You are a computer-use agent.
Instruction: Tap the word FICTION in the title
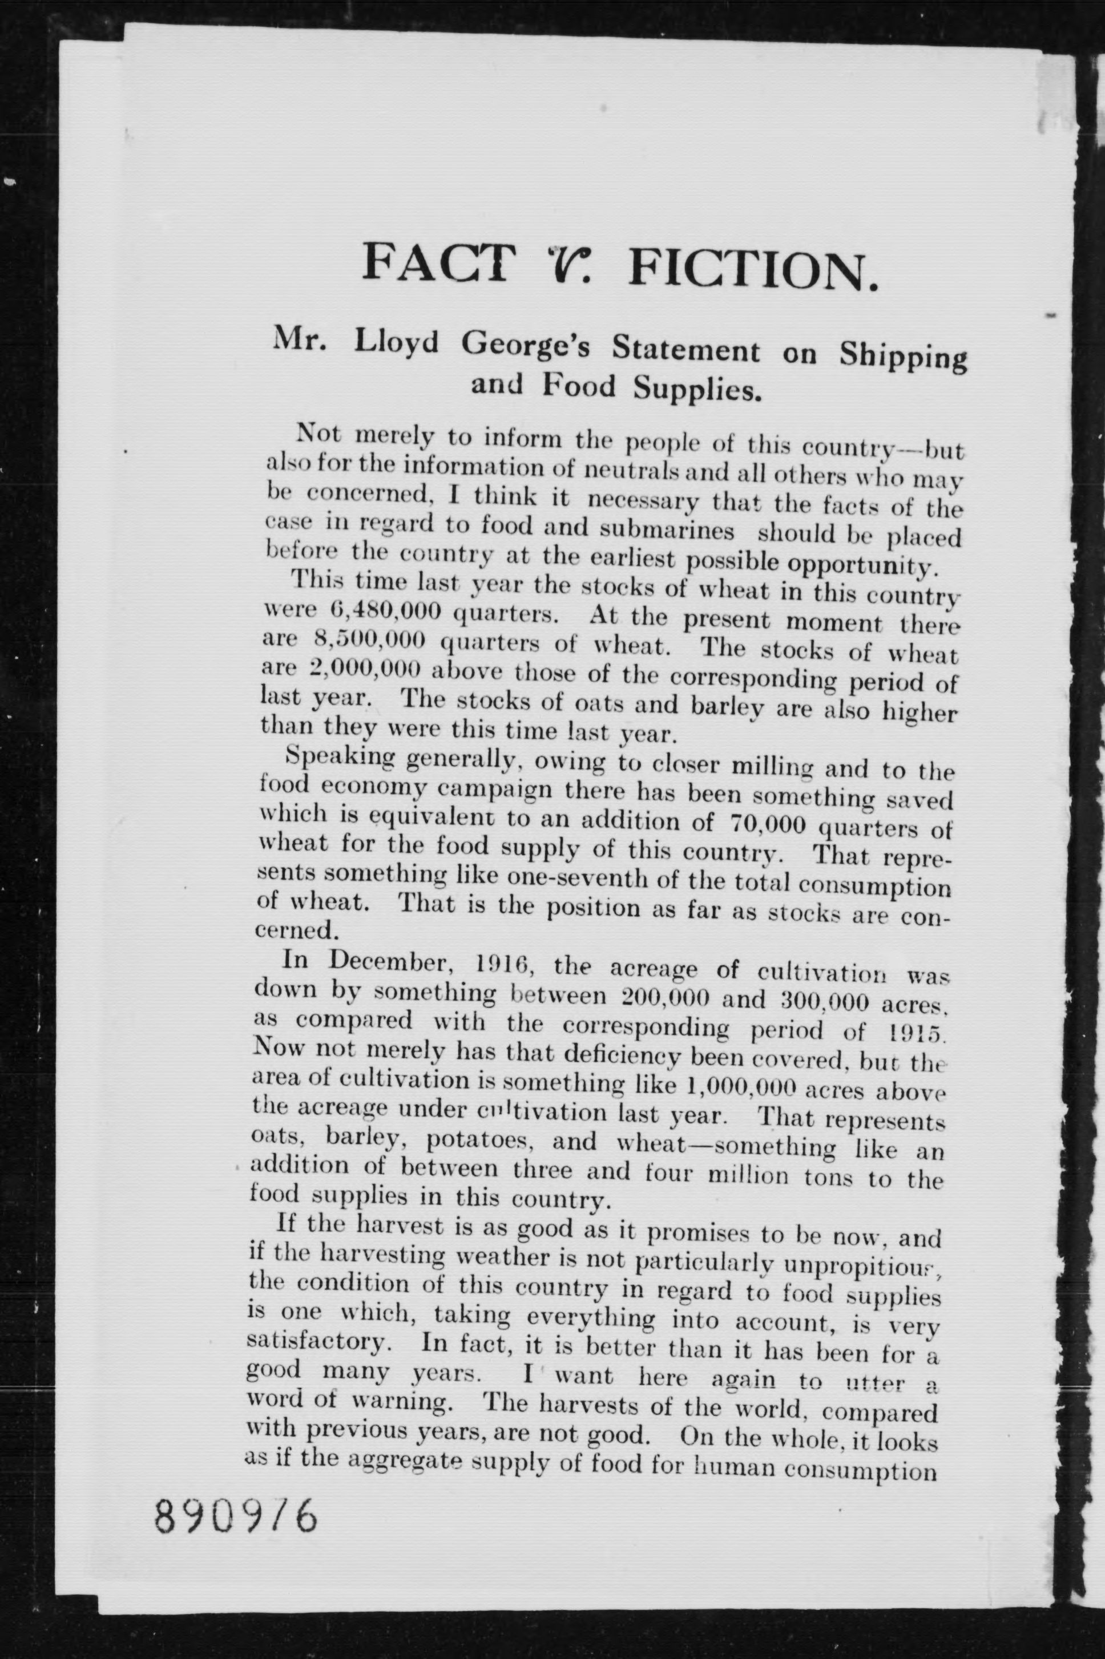click(x=754, y=269)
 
